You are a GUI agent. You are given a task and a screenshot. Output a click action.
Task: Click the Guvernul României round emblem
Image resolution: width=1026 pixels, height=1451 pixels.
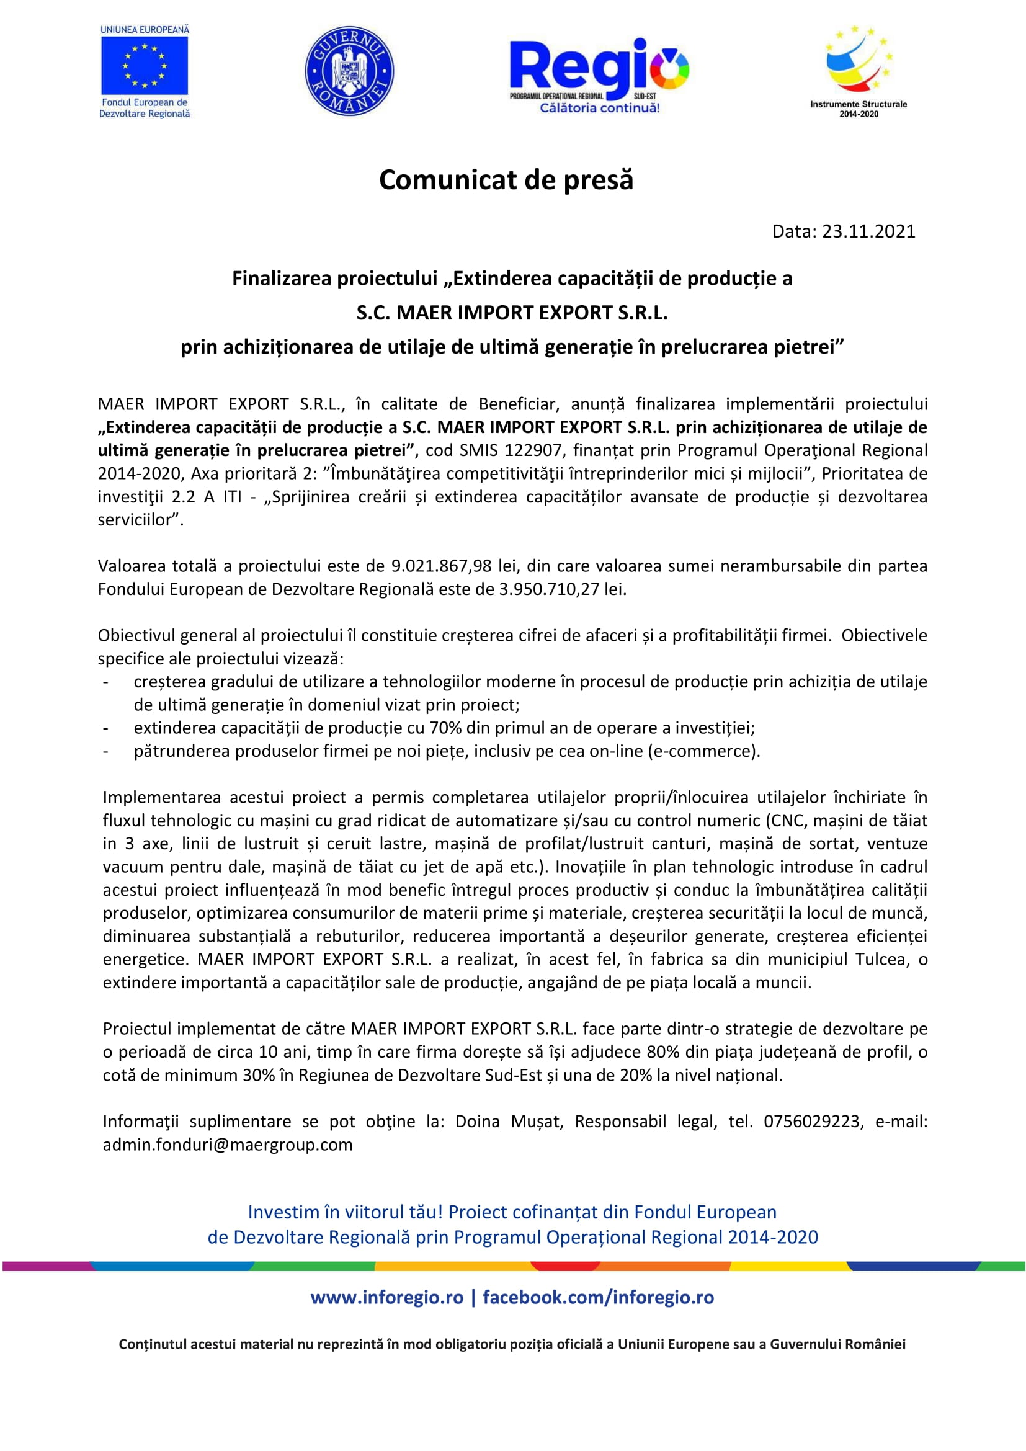click(349, 71)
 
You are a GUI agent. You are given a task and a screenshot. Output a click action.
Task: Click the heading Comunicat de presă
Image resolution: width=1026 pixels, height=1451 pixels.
click(506, 180)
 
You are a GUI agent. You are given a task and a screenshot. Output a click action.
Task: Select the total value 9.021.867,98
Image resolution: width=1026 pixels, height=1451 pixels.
click(441, 566)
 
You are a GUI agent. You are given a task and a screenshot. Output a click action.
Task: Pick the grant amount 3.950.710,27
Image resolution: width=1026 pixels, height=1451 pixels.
click(549, 589)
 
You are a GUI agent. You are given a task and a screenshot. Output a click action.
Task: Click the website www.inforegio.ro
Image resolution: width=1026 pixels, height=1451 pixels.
click(386, 1297)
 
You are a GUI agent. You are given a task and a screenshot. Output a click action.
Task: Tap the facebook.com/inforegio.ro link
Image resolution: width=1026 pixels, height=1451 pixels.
click(598, 1297)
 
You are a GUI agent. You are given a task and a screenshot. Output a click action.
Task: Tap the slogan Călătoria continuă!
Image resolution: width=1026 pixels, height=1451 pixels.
click(599, 108)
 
